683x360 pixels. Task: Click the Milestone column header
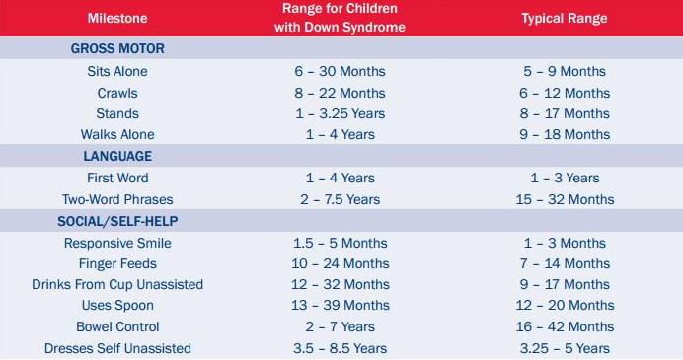(x=117, y=19)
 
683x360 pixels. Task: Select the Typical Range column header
(x=564, y=19)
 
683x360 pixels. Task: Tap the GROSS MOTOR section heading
(x=117, y=48)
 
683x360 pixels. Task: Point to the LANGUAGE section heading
(x=117, y=156)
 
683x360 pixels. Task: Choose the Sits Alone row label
(x=117, y=71)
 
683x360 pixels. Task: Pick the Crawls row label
(x=117, y=93)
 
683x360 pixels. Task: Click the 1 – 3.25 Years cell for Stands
(x=340, y=113)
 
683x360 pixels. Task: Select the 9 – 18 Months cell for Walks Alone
(x=564, y=135)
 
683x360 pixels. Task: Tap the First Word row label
(x=117, y=178)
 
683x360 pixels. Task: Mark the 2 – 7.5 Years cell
(x=340, y=199)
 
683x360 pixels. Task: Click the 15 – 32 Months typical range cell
(x=564, y=199)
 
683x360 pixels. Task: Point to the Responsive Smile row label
(x=117, y=243)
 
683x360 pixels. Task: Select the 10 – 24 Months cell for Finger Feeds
(x=340, y=263)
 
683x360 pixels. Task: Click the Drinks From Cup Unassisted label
(x=117, y=284)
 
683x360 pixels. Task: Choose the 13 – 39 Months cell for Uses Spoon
(x=340, y=305)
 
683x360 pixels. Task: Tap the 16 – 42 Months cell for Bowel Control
(x=564, y=326)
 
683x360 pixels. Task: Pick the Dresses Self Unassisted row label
(x=117, y=348)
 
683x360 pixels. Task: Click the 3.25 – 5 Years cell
(x=564, y=348)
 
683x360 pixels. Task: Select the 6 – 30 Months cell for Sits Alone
(x=340, y=71)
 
